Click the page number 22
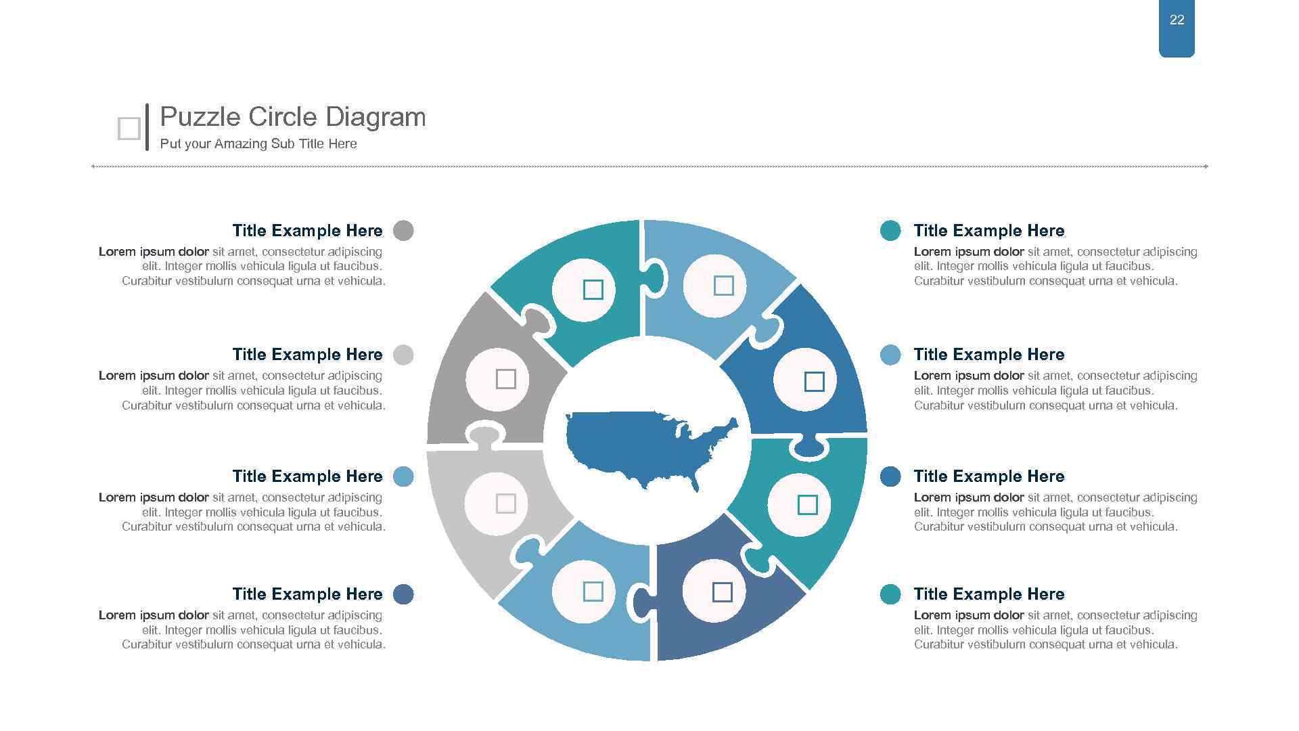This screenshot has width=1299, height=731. tap(1177, 20)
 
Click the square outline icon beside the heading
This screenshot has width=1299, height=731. tap(129, 129)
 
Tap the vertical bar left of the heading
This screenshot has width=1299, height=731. tap(147, 127)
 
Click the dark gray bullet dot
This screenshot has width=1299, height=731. tap(403, 231)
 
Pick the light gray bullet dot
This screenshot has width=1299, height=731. tap(403, 355)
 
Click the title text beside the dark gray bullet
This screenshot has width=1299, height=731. tap(307, 231)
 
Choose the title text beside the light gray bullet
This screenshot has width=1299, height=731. tap(307, 355)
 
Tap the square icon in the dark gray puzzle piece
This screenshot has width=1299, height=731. tap(506, 379)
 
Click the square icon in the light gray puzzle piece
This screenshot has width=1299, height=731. tap(506, 504)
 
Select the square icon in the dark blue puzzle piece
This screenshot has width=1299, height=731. tap(814, 382)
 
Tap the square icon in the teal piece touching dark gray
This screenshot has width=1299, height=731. tap(593, 290)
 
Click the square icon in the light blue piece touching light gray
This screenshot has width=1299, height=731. tap(593, 592)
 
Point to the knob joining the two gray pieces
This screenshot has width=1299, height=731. tap(484, 435)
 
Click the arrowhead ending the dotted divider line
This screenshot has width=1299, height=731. tap(1206, 167)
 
